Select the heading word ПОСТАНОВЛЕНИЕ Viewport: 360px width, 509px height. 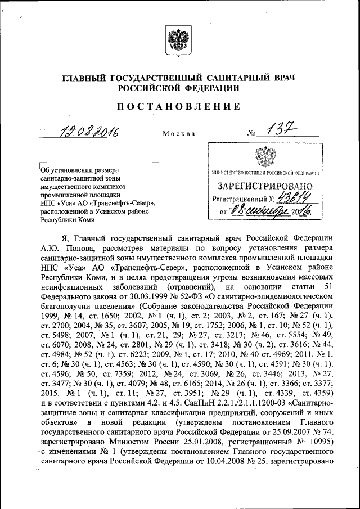(x=179, y=106)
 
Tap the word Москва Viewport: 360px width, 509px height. (x=179, y=134)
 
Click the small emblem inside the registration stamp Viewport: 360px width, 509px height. (x=263, y=156)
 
